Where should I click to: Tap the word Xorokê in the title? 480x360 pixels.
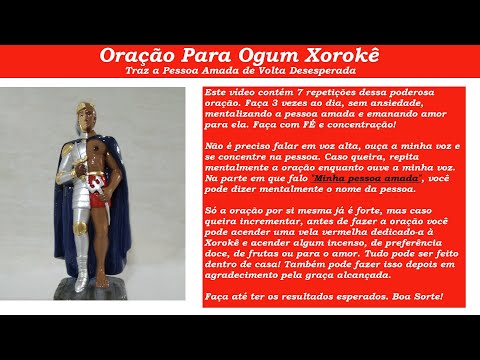[341, 57]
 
